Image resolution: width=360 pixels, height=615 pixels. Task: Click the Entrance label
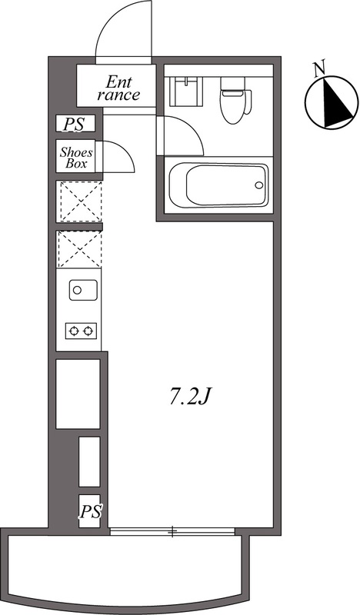pos(118,88)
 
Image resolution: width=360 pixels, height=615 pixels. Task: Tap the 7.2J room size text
pos(191,397)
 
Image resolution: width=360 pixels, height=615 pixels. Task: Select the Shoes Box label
pos(76,158)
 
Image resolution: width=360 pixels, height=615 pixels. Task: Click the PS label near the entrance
pos(74,125)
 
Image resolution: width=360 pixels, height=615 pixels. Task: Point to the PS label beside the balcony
pos(91,512)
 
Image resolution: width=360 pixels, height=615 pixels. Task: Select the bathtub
pos(218,185)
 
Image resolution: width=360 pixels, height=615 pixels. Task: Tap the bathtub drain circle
pos(258,185)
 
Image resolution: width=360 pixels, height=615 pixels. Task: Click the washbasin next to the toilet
pos(186,91)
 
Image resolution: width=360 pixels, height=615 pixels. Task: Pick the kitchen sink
pos(83,290)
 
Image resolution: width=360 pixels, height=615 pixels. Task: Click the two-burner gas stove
pos(82,331)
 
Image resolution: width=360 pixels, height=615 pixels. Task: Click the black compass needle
pos(336,103)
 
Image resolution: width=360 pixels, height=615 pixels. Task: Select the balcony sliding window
pos(172,531)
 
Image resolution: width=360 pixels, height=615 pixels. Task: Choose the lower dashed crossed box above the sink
pos(79,250)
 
